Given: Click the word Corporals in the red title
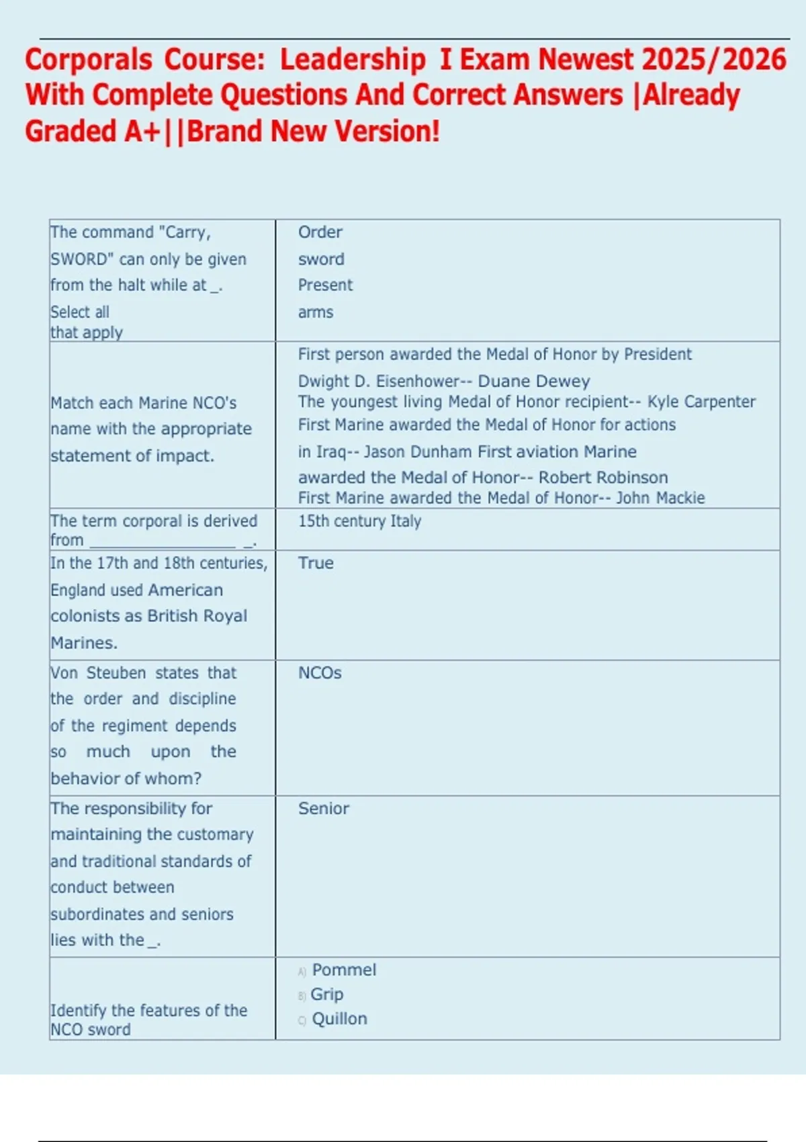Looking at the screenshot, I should click(x=89, y=60).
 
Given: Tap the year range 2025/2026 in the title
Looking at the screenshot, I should click(x=714, y=60).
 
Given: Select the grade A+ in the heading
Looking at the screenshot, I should click(x=142, y=131).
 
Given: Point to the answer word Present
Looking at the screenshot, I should click(x=325, y=285).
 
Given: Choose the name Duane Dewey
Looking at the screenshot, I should click(x=534, y=382).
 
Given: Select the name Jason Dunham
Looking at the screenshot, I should click(x=418, y=451).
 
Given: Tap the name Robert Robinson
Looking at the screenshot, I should click(x=603, y=478).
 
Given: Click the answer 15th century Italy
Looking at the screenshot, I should click(x=359, y=521).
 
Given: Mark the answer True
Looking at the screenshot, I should click(x=316, y=563).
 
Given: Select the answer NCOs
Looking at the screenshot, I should click(x=320, y=673).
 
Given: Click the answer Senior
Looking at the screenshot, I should click(x=324, y=809).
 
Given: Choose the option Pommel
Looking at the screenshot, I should click(x=344, y=970).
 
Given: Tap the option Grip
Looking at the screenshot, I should click(x=327, y=994).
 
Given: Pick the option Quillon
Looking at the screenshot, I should click(x=339, y=1019).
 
